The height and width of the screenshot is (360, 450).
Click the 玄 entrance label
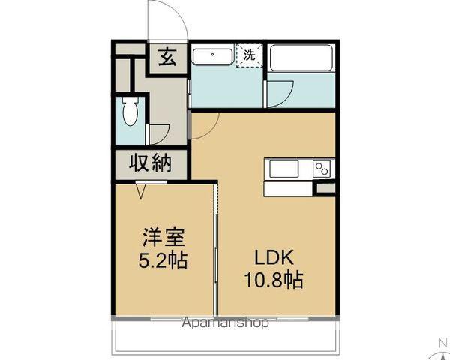click(167, 58)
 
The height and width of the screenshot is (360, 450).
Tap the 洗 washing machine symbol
click(250, 54)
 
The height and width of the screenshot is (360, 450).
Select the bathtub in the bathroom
click(301, 58)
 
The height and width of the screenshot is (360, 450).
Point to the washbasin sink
click(214, 55)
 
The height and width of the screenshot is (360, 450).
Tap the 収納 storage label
click(151, 163)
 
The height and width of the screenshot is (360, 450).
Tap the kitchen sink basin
click(284, 169)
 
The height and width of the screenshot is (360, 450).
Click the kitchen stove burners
click(322, 169)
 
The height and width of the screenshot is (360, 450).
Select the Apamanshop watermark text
click(225, 323)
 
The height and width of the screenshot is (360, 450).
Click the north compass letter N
click(441, 343)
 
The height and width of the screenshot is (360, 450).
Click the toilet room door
click(159, 133)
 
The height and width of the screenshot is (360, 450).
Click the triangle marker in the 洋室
click(140, 191)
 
